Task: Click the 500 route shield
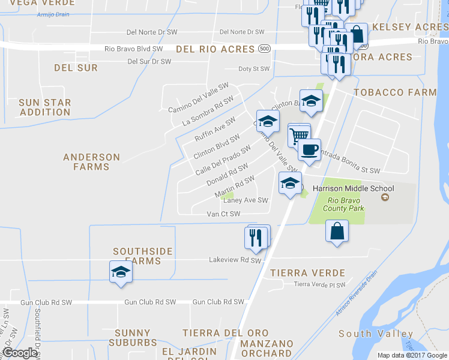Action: (264, 48)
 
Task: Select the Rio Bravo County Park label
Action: (342, 205)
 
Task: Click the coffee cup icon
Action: (309, 150)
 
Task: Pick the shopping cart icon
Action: (299, 135)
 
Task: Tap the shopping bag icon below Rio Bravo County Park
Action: (337, 231)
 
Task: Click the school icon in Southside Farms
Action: (121, 272)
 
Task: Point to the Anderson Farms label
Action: (92, 162)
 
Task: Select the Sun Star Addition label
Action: (45, 107)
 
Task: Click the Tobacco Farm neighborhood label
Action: (395, 92)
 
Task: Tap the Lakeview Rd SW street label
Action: (235, 260)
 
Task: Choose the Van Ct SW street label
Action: (223, 214)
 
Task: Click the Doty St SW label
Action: (255, 69)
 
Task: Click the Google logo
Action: (19, 353)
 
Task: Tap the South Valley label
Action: (376, 334)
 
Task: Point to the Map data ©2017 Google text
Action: (412, 355)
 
